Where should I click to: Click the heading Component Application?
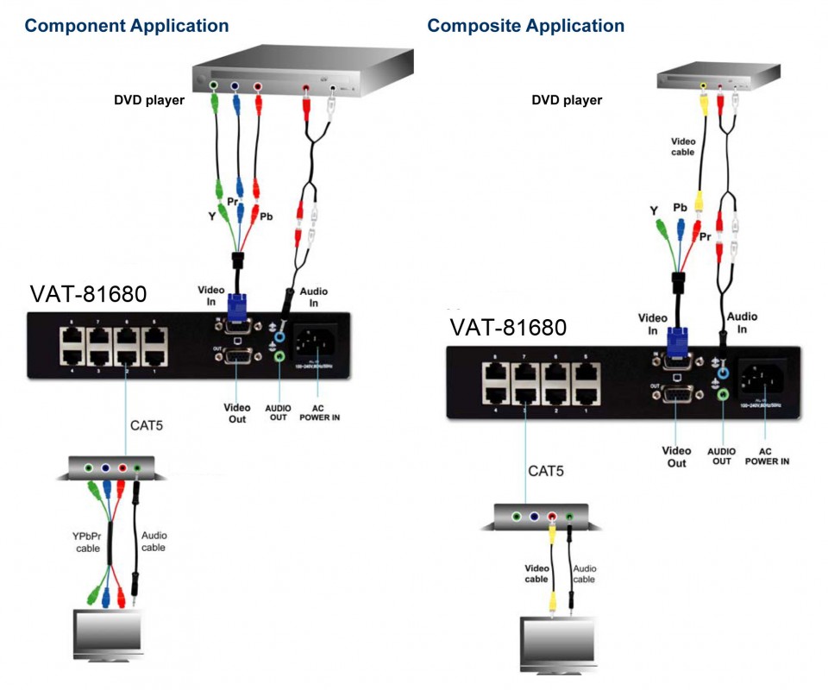click(x=127, y=26)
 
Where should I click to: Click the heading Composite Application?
click(x=525, y=26)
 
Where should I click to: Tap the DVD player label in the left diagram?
click(x=149, y=100)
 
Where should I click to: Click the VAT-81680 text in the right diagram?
click(x=508, y=328)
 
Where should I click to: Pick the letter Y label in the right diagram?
click(x=653, y=210)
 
